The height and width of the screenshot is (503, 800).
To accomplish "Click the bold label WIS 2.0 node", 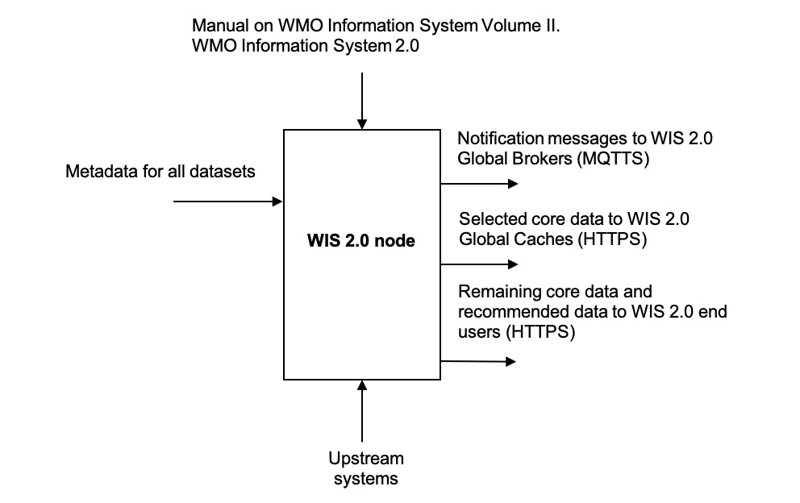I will (x=360, y=239).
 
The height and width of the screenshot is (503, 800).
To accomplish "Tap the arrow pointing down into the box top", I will (x=362, y=101).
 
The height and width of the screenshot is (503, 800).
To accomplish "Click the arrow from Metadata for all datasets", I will (x=228, y=201).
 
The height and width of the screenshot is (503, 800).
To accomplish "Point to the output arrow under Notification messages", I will (x=477, y=184).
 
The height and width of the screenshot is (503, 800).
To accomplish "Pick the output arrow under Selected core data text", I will (x=477, y=264).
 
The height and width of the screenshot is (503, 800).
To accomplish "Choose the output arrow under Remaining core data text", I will (x=477, y=361).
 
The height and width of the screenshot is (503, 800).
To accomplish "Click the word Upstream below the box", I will (x=366, y=459).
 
